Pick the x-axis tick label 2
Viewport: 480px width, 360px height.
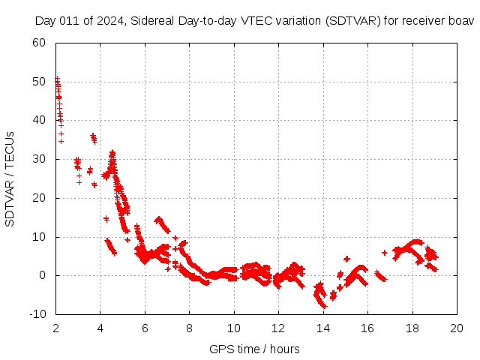[56, 328]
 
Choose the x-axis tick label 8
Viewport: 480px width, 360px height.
[190, 328]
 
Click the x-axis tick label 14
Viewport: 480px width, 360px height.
[323, 328]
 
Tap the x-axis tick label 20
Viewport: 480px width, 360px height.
[457, 328]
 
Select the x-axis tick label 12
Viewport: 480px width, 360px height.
[279, 328]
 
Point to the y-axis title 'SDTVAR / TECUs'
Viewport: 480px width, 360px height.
[10, 178]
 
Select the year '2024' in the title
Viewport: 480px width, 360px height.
[110, 20]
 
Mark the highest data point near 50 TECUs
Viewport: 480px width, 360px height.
[57, 78]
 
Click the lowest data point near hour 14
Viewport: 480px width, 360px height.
[324, 307]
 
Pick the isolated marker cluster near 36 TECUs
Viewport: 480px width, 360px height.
[93, 137]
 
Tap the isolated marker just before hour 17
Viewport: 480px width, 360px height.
[385, 253]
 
